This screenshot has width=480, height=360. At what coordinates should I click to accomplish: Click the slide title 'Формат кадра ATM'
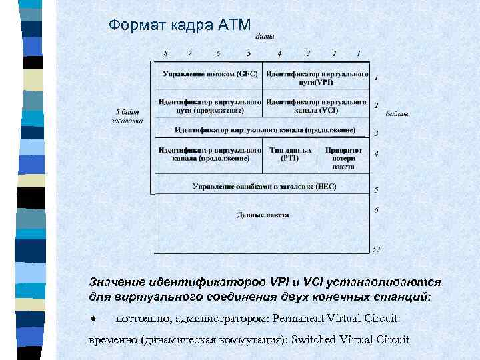[180, 25]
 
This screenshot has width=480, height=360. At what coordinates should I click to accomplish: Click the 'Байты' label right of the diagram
[397, 114]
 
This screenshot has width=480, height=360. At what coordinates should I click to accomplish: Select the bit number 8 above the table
[165, 53]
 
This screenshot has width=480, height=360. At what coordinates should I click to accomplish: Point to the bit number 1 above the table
[358, 53]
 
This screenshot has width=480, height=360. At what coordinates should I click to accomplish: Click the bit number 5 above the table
[249, 53]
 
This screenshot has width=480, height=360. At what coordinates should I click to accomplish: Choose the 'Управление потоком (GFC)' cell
[209, 73]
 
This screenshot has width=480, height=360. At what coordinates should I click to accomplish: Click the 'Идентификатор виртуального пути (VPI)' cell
[317, 77]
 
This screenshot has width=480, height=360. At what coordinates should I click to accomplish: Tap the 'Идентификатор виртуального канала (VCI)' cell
[317, 106]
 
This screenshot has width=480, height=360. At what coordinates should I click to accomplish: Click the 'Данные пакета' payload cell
[263, 215]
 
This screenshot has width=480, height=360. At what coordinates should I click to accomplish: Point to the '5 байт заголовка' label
[127, 117]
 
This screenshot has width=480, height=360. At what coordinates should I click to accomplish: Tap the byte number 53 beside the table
[377, 249]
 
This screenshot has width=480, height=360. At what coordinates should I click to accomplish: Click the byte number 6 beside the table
[377, 210]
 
